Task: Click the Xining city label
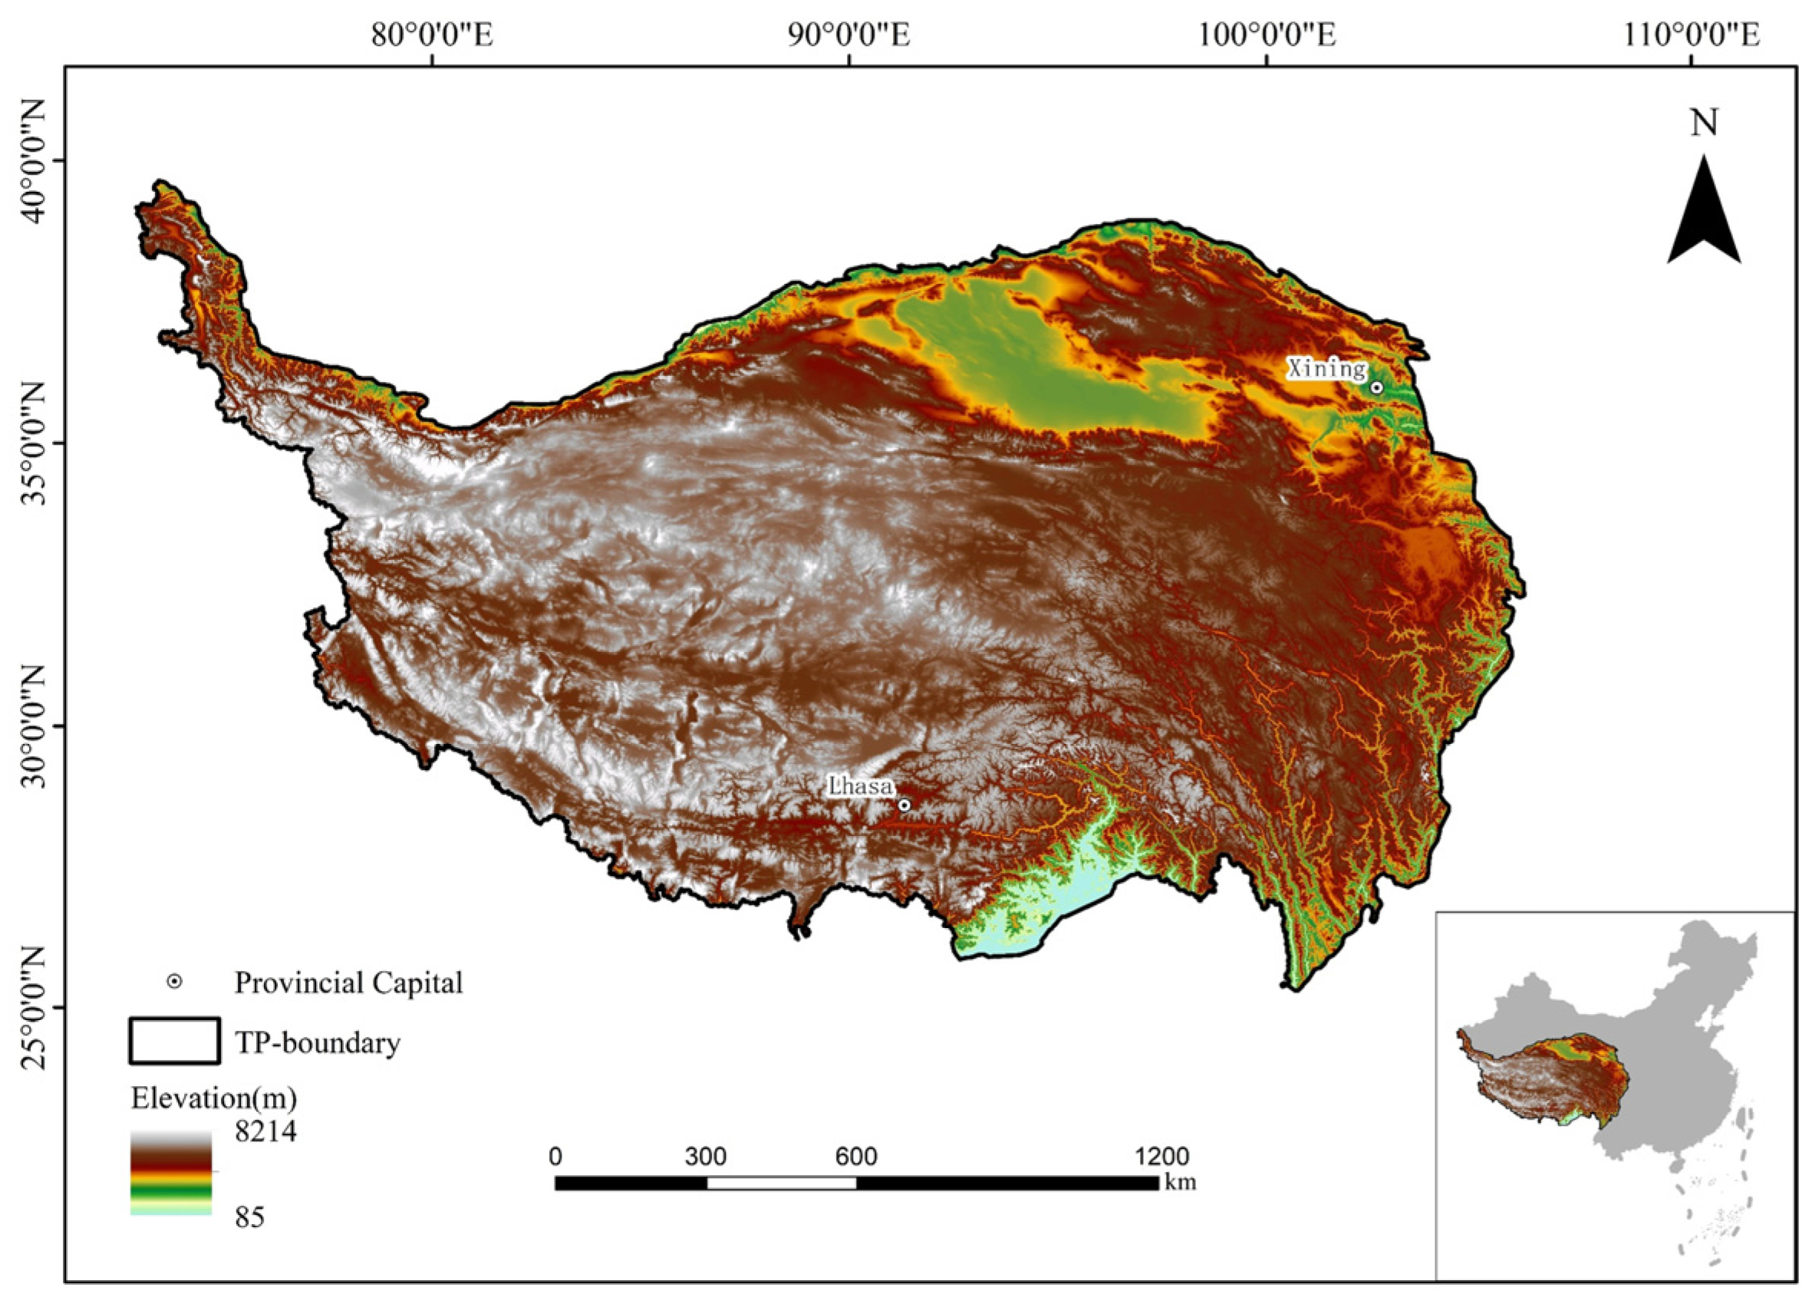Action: [x=1326, y=368]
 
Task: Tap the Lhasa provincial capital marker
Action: [x=904, y=805]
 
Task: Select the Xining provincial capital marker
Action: [x=1377, y=387]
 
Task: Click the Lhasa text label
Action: [x=860, y=787]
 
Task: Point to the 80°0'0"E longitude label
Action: [x=432, y=35]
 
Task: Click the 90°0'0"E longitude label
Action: [x=849, y=35]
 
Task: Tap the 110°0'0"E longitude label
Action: [x=1691, y=35]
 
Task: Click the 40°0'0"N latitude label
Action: [x=35, y=160]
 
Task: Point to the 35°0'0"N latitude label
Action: [x=35, y=444]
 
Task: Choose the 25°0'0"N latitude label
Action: [x=35, y=1008]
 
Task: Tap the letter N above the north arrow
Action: [x=1703, y=123]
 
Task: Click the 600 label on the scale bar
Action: [x=856, y=1157]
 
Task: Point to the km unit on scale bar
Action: [x=1181, y=1183]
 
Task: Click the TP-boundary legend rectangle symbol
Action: [x=174, y=1041]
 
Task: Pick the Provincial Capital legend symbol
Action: [x=173, y=983]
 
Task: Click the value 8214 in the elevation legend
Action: [x=265, y=1131]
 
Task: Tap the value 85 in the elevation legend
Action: [x=249, y=1218]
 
